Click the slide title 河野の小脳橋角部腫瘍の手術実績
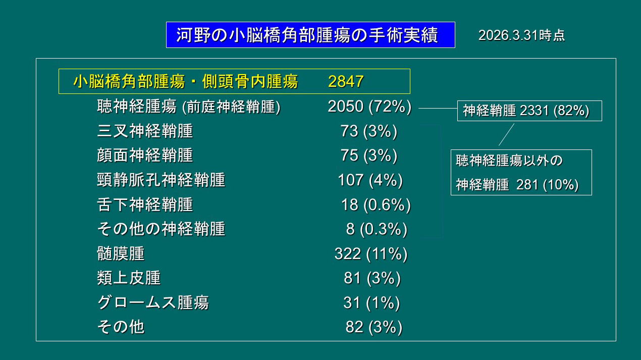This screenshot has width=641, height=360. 310,35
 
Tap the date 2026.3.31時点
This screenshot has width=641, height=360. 521,35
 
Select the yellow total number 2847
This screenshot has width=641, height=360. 346,81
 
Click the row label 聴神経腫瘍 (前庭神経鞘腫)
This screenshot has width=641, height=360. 188,107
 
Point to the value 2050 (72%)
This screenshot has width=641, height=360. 369,107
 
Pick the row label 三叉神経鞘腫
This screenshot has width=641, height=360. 145,131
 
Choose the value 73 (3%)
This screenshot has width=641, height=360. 369,131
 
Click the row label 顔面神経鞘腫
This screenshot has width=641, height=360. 145,156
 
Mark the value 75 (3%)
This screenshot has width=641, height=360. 369,156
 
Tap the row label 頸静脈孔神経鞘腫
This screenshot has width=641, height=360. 161,180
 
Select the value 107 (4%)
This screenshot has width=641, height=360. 370,180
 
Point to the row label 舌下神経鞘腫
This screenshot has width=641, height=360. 145,204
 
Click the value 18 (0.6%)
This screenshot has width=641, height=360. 376,204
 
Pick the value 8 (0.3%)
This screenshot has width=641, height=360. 376,229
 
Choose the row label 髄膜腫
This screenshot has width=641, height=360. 121,253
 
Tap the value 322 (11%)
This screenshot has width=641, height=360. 370,253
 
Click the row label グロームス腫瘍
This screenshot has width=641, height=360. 153,302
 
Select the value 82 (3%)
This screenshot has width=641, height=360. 373,327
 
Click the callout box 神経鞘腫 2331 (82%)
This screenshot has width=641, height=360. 529,111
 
